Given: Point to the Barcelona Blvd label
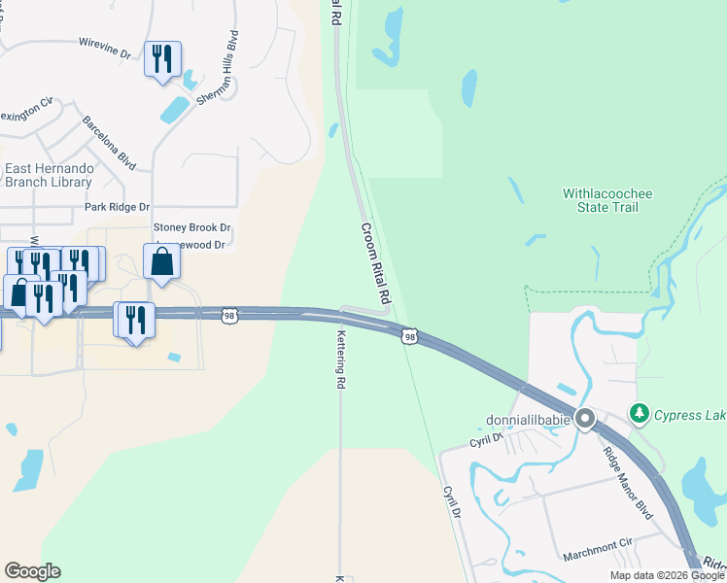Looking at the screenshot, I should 108,143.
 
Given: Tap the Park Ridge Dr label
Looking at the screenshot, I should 117,207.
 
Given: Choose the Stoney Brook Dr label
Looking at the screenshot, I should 190,226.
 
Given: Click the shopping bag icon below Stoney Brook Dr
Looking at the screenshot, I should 161,262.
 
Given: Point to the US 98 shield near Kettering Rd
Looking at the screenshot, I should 410,335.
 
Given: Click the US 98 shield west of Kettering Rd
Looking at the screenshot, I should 228,315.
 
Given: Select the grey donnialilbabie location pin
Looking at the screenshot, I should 584,419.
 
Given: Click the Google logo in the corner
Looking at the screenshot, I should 32,571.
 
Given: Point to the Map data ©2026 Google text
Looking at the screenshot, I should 667,575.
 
